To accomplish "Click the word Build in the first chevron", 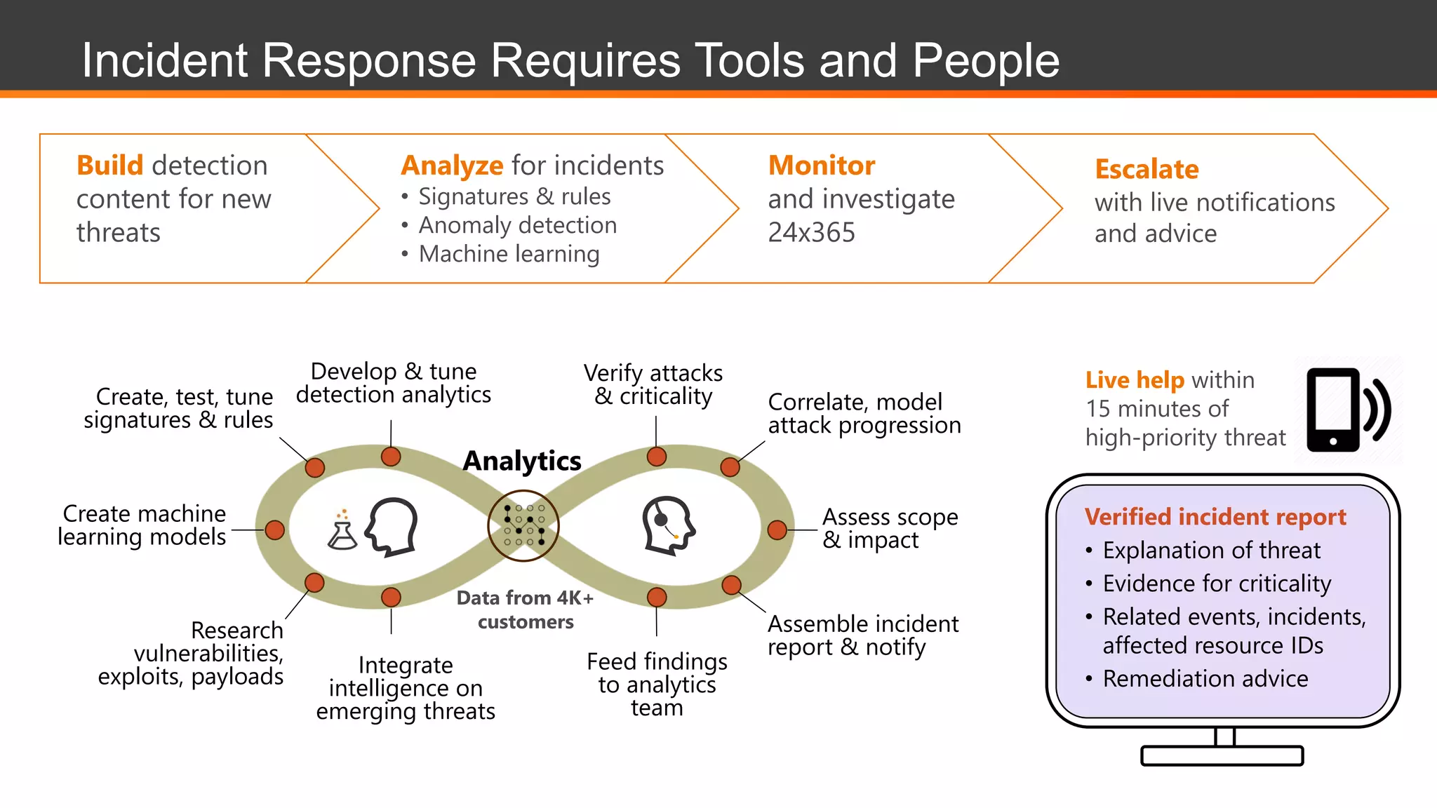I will pos(109,166).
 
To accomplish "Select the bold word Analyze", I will pos(451,166).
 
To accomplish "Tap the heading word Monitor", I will pos(821,166).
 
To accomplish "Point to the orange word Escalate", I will pos(1146,169).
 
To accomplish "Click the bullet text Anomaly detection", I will pos(517,225).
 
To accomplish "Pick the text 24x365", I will pos(811,232).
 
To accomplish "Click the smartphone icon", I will pos(1332,410).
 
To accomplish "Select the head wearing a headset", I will pos(668,525).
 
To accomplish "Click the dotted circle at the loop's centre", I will pos(523,525).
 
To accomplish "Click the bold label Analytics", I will pos(522,461).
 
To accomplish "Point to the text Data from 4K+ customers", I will pos(525,610).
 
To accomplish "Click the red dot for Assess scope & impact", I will pos(777,530).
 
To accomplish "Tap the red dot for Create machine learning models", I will pos(274,530).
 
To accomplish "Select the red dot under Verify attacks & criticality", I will pos(656,457).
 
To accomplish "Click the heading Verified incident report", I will pos(1215,517).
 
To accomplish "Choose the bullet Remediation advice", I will pos(1205,678).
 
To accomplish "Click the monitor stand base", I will pos(1222,755).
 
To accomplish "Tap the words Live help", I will pos(1134,379).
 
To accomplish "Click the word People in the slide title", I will pos(985,60).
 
